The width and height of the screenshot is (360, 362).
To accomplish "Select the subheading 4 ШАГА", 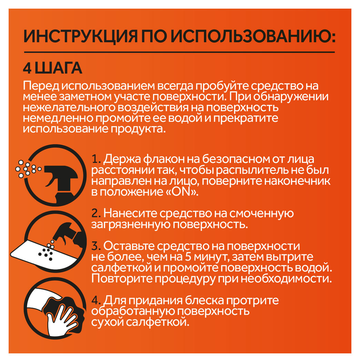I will click(x=52, y=68).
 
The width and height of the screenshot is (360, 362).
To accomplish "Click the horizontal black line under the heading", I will click(x=179, y=52).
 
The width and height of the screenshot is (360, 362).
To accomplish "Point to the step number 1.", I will click(x=95, y=160).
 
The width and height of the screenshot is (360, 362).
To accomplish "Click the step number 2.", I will click(x=95, y=214).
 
